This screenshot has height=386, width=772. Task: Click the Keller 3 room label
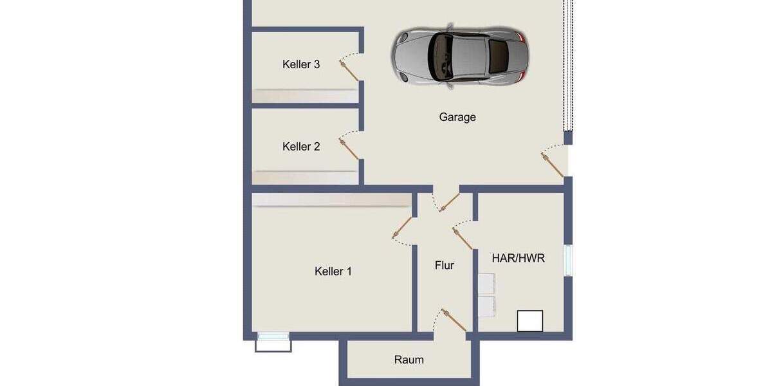click(301, 64)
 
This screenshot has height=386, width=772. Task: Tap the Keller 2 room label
click(301, 147)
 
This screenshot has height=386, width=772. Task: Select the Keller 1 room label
click(333, 271)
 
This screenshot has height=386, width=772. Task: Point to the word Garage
click(457, 117)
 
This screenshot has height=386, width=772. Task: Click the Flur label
click(445, 265)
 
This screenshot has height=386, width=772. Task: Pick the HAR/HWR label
click(518, 258)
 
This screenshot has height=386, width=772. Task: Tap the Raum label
click(409, 360)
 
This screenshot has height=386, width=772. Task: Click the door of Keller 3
click(349, 70)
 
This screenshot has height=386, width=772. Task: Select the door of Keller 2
click(349, 149)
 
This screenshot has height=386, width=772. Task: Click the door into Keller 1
click(403, 227)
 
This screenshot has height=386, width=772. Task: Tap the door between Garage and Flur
click(449, 201)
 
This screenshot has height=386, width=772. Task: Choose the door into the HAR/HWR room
click(463, 239)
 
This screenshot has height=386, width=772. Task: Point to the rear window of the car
click(499, 57)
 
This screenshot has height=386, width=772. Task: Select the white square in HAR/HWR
click(530, 321)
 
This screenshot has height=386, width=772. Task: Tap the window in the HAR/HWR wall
click(568, 261)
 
